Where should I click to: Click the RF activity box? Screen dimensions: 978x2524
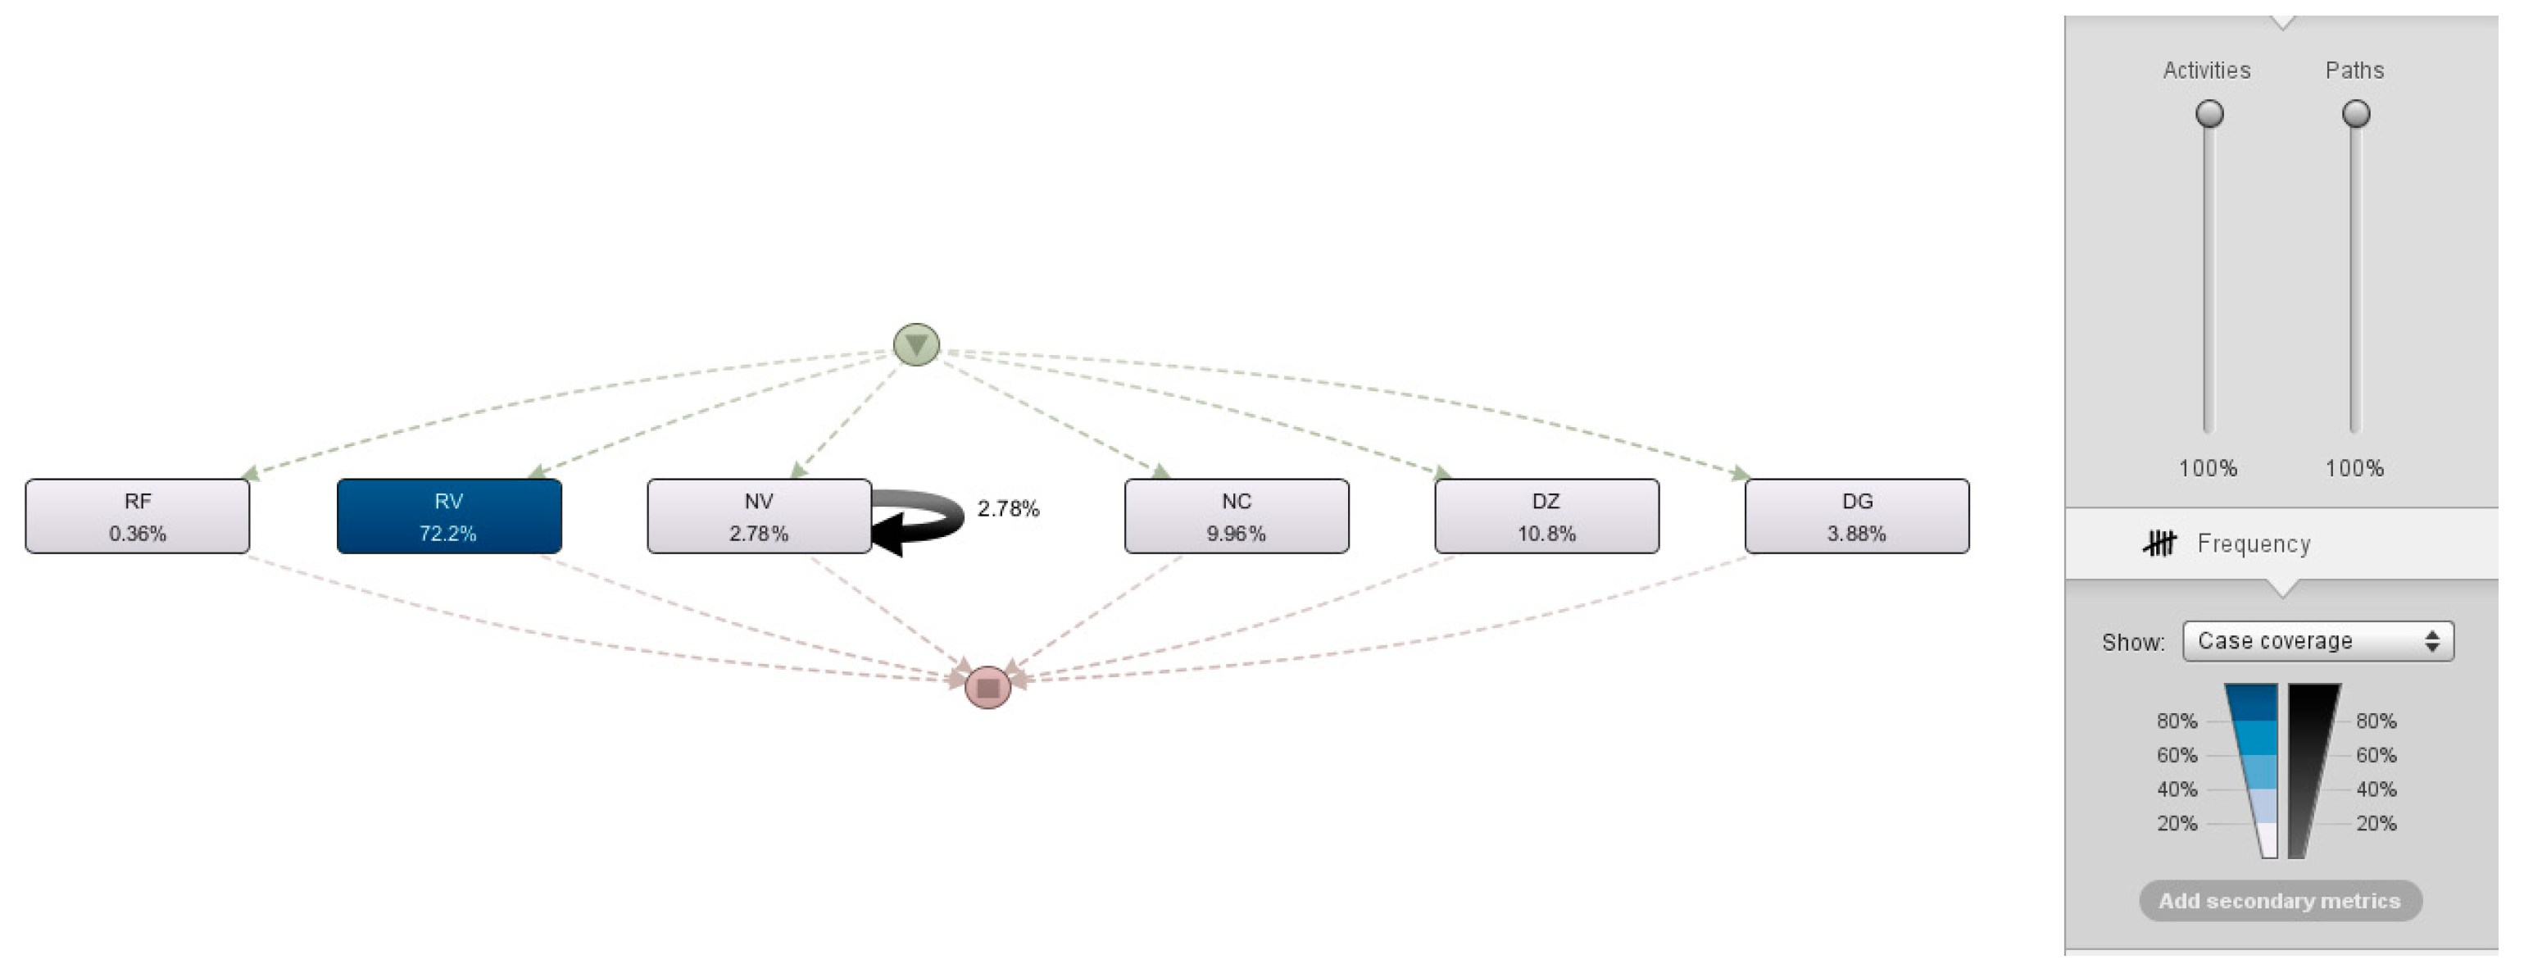137,516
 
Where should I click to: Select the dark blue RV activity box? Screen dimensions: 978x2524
449,516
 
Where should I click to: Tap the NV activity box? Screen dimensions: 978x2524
758,516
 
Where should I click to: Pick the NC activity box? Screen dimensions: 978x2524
1237,516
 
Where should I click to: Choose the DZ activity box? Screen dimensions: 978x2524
1546,516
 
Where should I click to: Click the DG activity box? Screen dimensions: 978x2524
1857,516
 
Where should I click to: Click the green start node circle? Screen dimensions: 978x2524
916,345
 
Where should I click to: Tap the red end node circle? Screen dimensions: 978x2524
987,687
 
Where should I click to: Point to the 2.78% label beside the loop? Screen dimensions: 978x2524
1008,508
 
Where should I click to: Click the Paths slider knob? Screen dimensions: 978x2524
2355,114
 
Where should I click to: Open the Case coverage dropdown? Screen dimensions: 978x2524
2317,641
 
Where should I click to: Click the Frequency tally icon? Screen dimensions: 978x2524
2159,543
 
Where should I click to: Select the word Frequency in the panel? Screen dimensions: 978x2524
2254,544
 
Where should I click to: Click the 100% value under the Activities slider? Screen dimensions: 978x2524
2208,468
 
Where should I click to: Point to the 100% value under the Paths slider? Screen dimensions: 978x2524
2354,468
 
